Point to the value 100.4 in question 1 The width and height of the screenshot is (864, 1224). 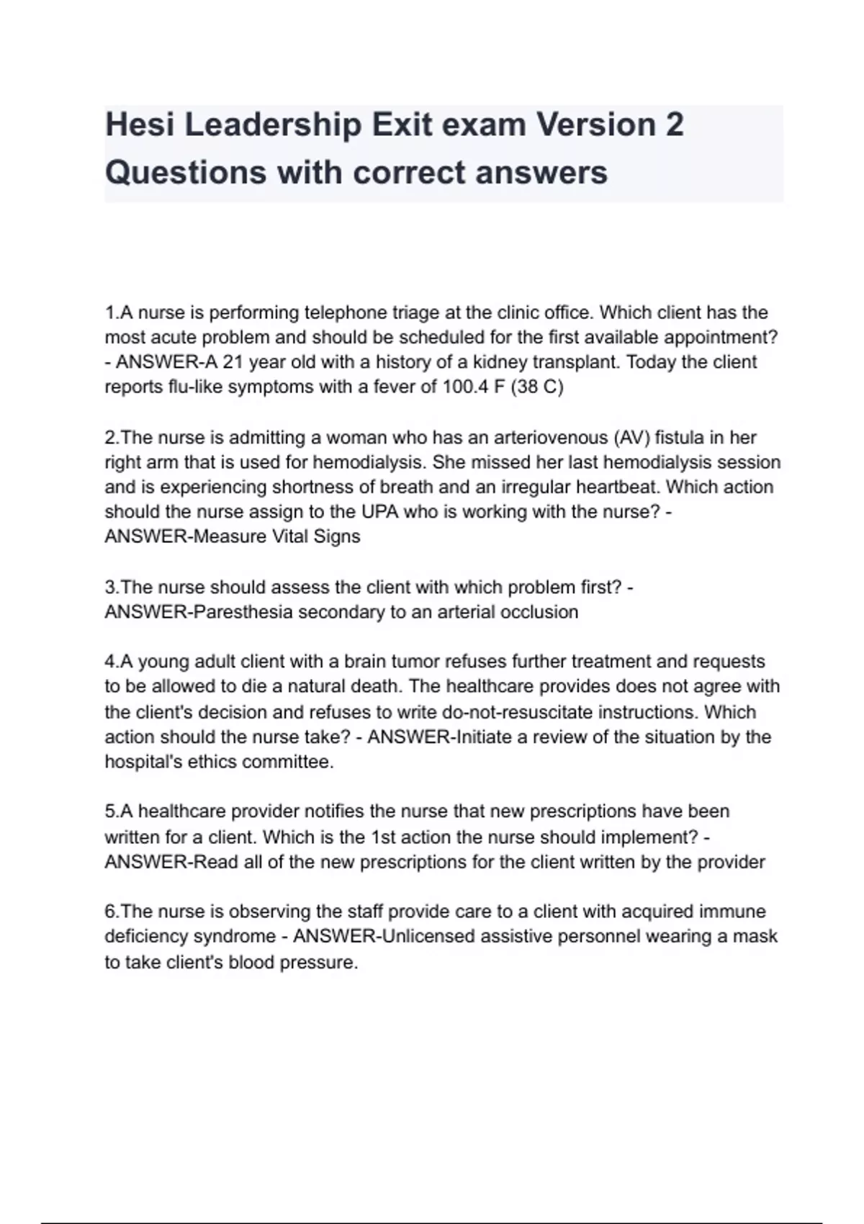pos(467,387)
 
